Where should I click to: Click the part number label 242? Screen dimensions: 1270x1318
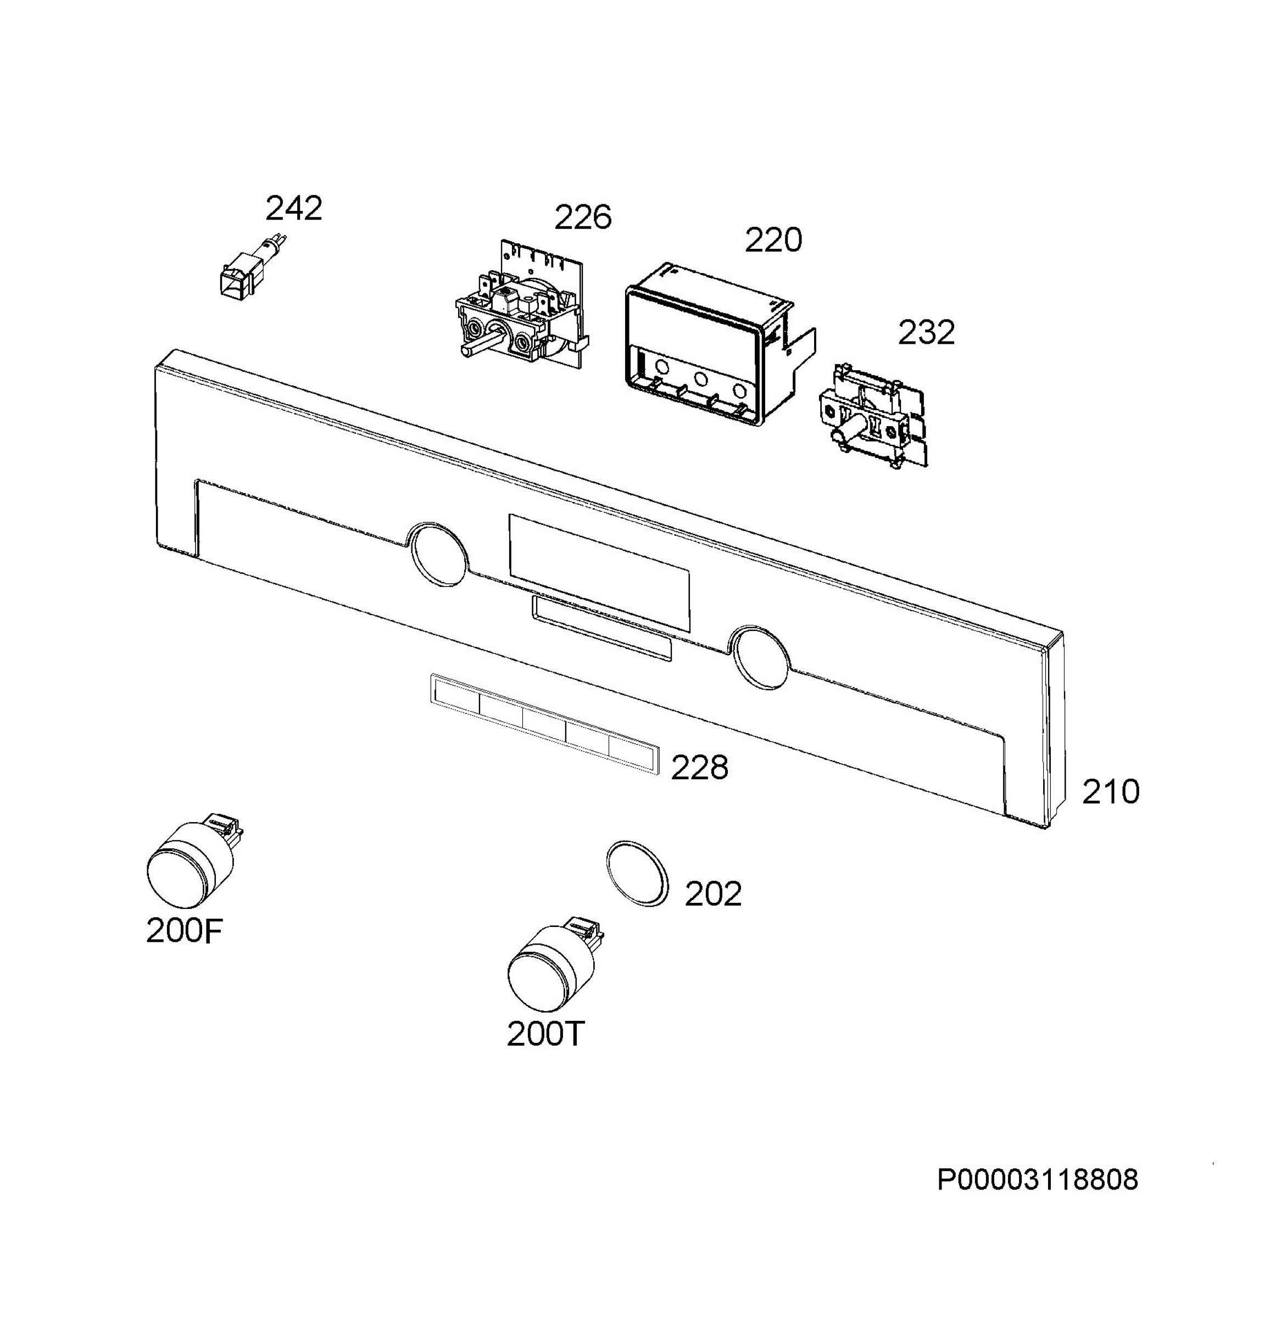click(293, 209)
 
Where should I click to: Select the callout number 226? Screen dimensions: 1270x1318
click(582, 217)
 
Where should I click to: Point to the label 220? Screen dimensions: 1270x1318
click(773, 240)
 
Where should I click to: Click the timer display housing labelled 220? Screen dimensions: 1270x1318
click(720, 344)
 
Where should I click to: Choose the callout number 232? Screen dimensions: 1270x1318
click(926, 332)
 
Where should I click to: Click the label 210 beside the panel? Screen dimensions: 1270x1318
click(1111, 791)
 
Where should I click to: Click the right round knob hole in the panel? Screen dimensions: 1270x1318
click(761, 657)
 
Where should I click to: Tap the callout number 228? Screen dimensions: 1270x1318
click(700, 767)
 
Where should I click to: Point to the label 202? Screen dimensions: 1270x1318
click(713, 893)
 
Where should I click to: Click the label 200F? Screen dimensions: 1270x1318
click(183, 931)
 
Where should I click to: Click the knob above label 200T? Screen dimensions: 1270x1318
click(554, 962)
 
